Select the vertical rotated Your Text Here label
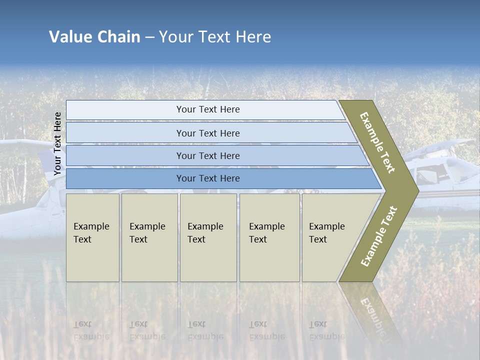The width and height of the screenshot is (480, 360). [57, 143]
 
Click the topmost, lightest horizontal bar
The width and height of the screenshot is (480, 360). [207, 109]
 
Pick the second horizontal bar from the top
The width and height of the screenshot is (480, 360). [207, 133]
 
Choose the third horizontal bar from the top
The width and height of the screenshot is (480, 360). [207, 155]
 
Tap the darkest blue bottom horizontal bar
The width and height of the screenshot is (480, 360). [207, 178]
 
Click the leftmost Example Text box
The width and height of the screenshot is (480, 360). [92, 237]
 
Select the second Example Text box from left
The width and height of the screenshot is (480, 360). [149, 237]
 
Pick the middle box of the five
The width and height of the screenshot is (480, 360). [208, 237]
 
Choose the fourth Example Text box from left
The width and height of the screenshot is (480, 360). [269, 237]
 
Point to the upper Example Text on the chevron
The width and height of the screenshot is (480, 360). [377, 142]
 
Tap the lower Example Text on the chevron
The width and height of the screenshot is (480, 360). [379, 236]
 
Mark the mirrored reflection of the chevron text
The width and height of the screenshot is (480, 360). [372, 312]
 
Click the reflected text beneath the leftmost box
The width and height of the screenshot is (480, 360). [91, 330]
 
